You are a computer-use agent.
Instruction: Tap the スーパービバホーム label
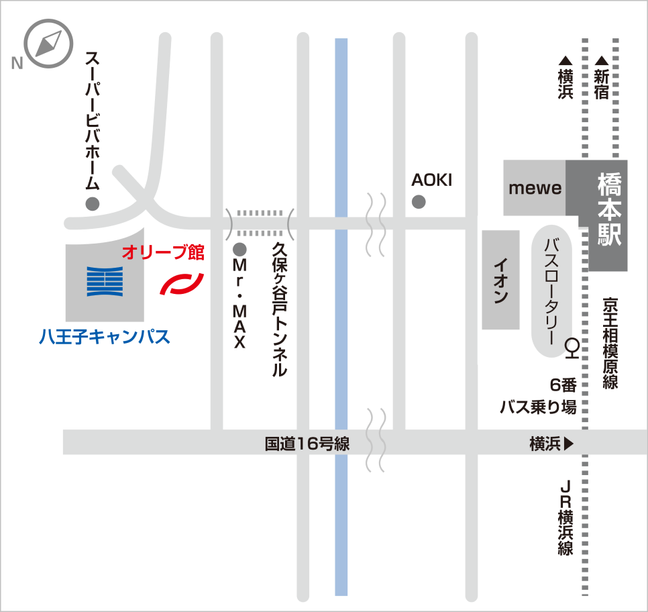click(x=93, y=121)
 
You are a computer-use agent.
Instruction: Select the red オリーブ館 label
click(x=163, y=254)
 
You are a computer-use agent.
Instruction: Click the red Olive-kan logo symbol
click(x=181, y=283)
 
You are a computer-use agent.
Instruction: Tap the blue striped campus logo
click(x=105, y=282)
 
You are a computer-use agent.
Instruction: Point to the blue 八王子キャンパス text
click(x=104, y=336)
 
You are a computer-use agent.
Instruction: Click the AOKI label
click(x=432, y=180)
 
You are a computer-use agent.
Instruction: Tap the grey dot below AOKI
click(x=419, y=201)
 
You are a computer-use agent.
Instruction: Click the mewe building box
click(x=535, y=188)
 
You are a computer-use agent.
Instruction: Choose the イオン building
click(x=500, y=280)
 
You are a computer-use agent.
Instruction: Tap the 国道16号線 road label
click(x=307, y=444)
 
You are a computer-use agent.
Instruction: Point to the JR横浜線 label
click(x=565, y=517)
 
